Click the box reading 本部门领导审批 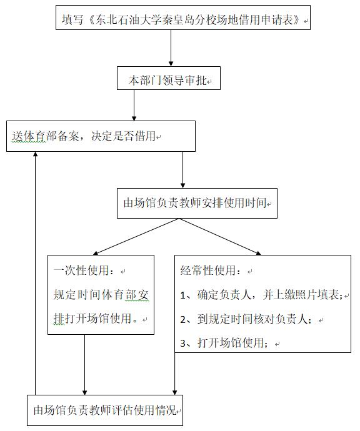[169, 78]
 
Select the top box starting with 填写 [183, 17]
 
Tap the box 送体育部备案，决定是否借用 [101, 136]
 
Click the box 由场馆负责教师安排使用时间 [197, 203]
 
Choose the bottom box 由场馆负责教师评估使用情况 [105, 410]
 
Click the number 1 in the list [183, 295]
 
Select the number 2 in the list [183, 319]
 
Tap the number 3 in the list [183, 344]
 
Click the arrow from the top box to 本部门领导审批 [171, 48]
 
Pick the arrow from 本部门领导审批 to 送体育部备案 [134, 105]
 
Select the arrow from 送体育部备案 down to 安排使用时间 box [182, 170]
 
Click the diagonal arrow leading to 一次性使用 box [136, 237]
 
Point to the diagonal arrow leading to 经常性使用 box [220, 237]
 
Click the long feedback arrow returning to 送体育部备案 [35, 273]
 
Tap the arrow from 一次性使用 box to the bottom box [85, 365]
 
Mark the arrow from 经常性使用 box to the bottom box [174, 374]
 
